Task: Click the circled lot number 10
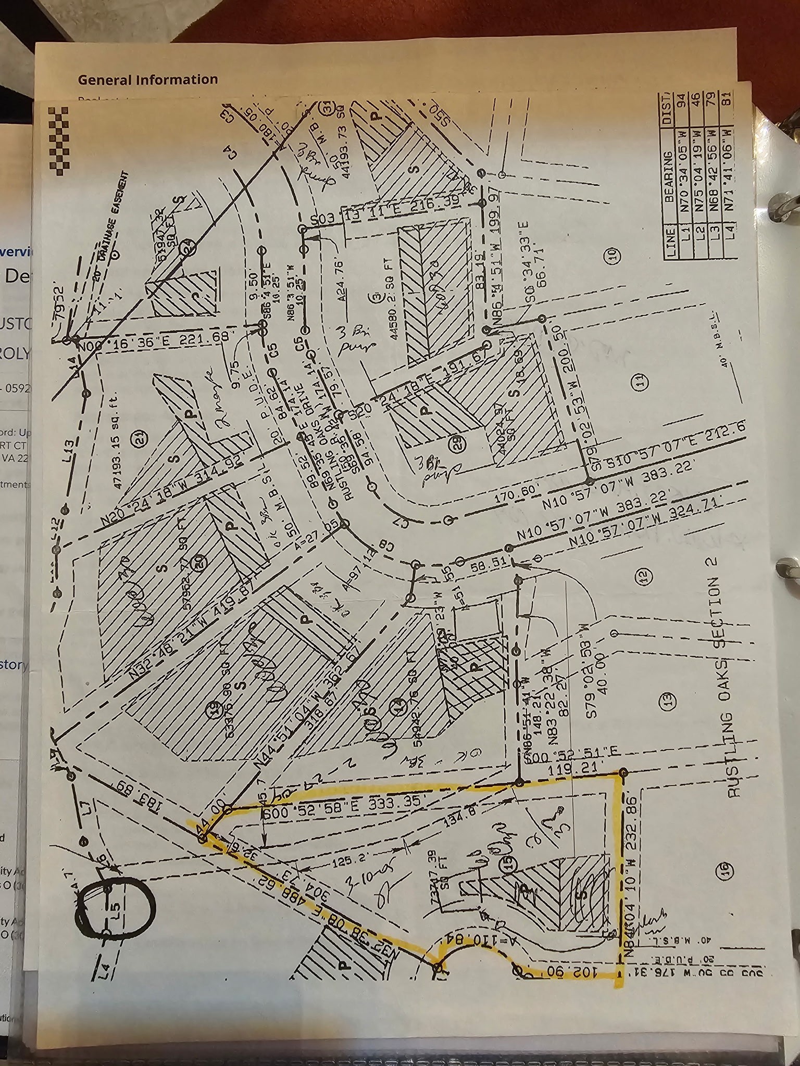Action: pyautogui.click(x=611, y=255)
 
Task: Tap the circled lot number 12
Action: pyautogui.click(x=644, y=576)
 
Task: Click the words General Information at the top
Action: pyautogui.click(x=148, y=80)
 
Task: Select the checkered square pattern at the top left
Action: pyautogui.click(x=59, y=141)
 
